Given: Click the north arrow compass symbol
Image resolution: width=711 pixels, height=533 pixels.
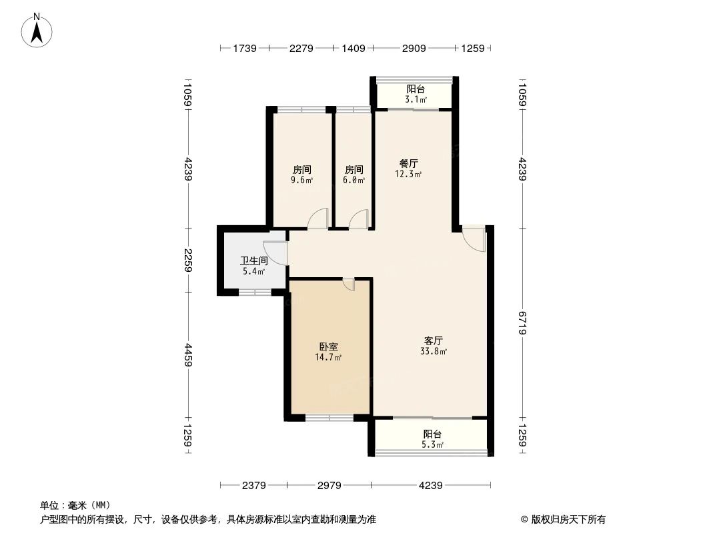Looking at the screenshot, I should (x=37, y=30).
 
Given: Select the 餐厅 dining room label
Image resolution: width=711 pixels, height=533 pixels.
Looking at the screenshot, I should (x=408, y=163).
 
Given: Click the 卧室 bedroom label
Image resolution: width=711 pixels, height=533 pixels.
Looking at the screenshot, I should (x=328, y=347).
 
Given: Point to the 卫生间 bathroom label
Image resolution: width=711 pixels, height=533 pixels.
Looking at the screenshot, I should (x=253, y=261).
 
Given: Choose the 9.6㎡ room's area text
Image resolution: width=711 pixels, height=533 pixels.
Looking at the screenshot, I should (x=301, y=180).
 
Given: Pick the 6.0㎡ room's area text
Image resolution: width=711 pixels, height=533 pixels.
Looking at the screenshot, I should (x=353, y=180).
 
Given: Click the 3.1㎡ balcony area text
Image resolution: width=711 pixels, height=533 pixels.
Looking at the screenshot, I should (x=416, y=100).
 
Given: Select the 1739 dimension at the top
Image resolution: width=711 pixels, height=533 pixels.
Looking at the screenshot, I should (x=244, y=48).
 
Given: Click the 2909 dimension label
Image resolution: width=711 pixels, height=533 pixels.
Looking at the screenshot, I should (x=413, y=48).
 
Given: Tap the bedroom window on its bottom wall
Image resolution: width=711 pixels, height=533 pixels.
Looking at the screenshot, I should (x=329, y=418).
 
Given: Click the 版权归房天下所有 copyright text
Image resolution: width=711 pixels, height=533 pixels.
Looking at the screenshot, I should (x=564, y=520).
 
